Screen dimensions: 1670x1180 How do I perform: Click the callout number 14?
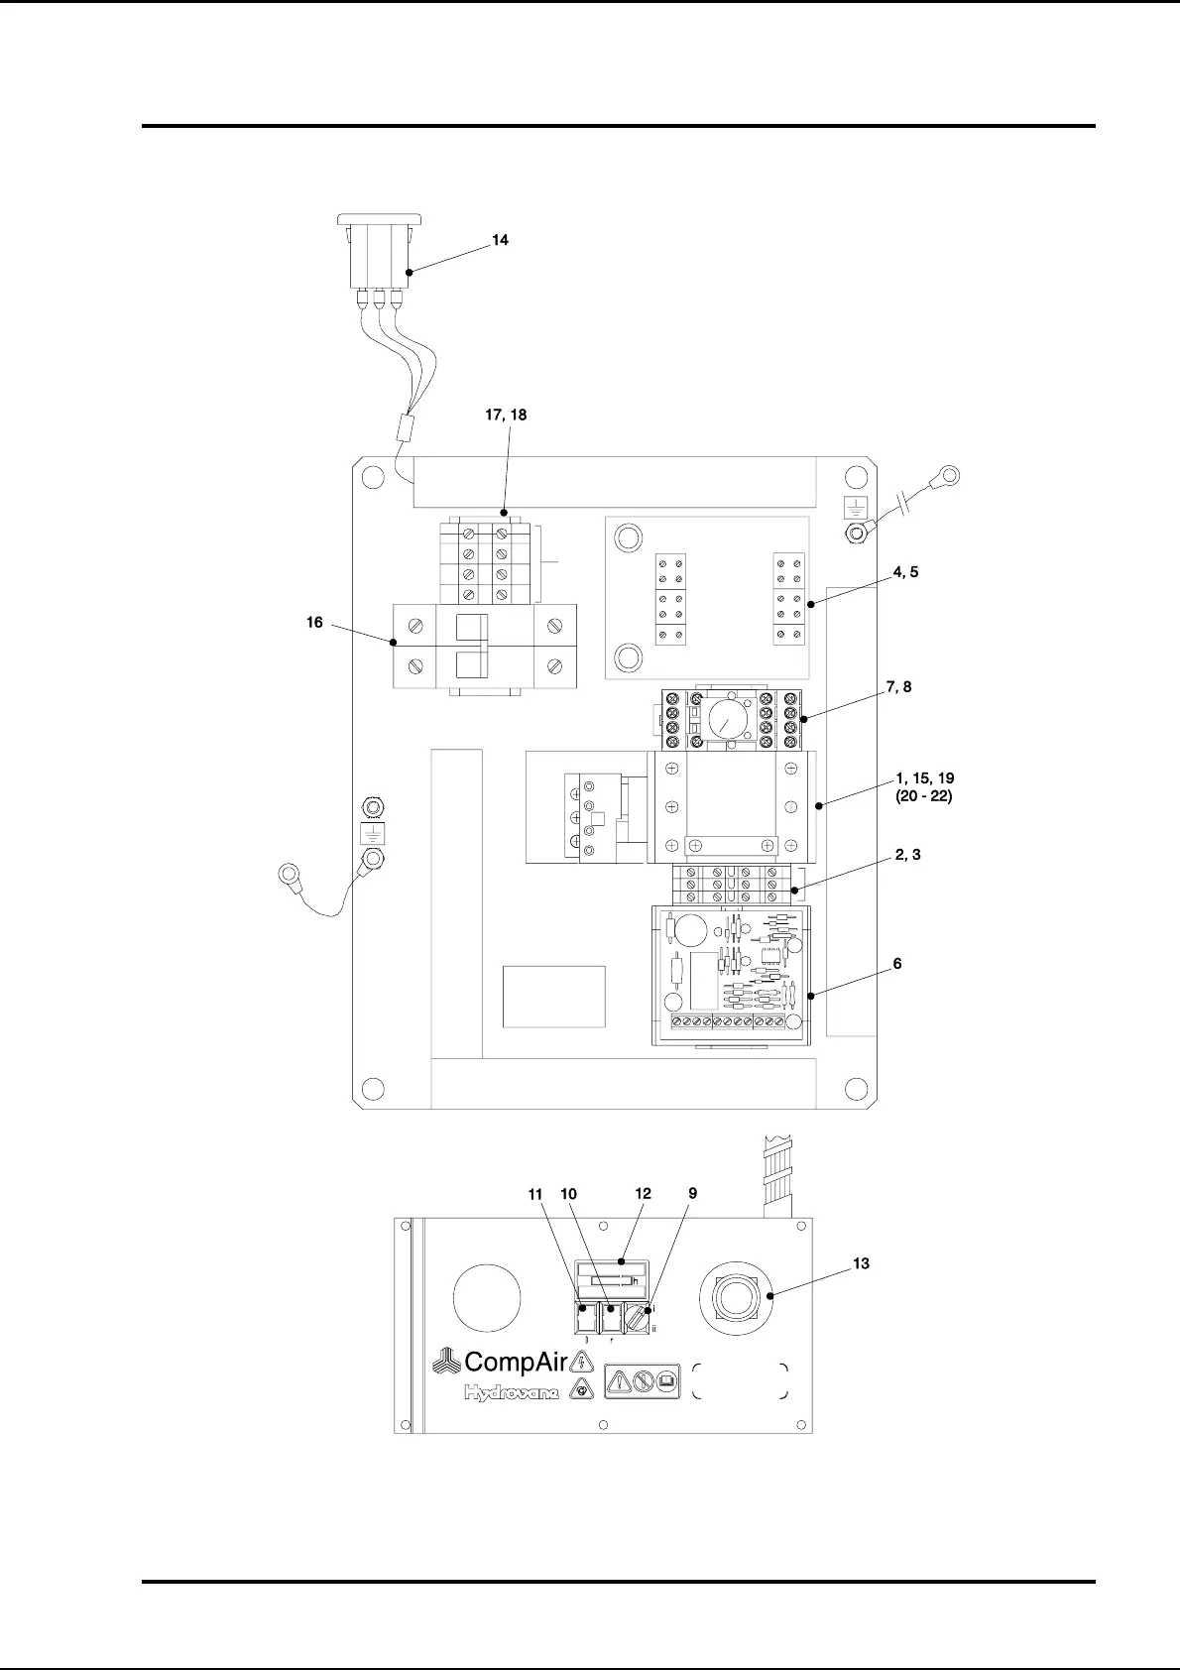[501, 240]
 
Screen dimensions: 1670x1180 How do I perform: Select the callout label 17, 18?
[506, 415]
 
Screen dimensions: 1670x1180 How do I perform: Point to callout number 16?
[314, 623]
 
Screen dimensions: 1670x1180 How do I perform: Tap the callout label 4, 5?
[905, 572]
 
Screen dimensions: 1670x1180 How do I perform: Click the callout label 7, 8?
[898, 686]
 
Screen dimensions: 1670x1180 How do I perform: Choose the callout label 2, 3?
[907, 854]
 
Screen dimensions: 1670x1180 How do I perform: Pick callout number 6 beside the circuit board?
[897, 963]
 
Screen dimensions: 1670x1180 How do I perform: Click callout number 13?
[861, 1263]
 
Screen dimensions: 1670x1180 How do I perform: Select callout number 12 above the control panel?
[644, 1194]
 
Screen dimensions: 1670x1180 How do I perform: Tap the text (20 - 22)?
[923, 796]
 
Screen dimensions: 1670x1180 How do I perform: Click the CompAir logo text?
[515, 1362]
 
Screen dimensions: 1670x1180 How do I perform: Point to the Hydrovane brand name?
[512, 1393]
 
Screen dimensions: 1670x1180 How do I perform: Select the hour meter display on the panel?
[611, 1280]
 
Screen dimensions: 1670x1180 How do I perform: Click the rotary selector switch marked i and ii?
[637, 1319]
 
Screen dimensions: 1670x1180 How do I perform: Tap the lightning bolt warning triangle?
[583, 1362]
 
